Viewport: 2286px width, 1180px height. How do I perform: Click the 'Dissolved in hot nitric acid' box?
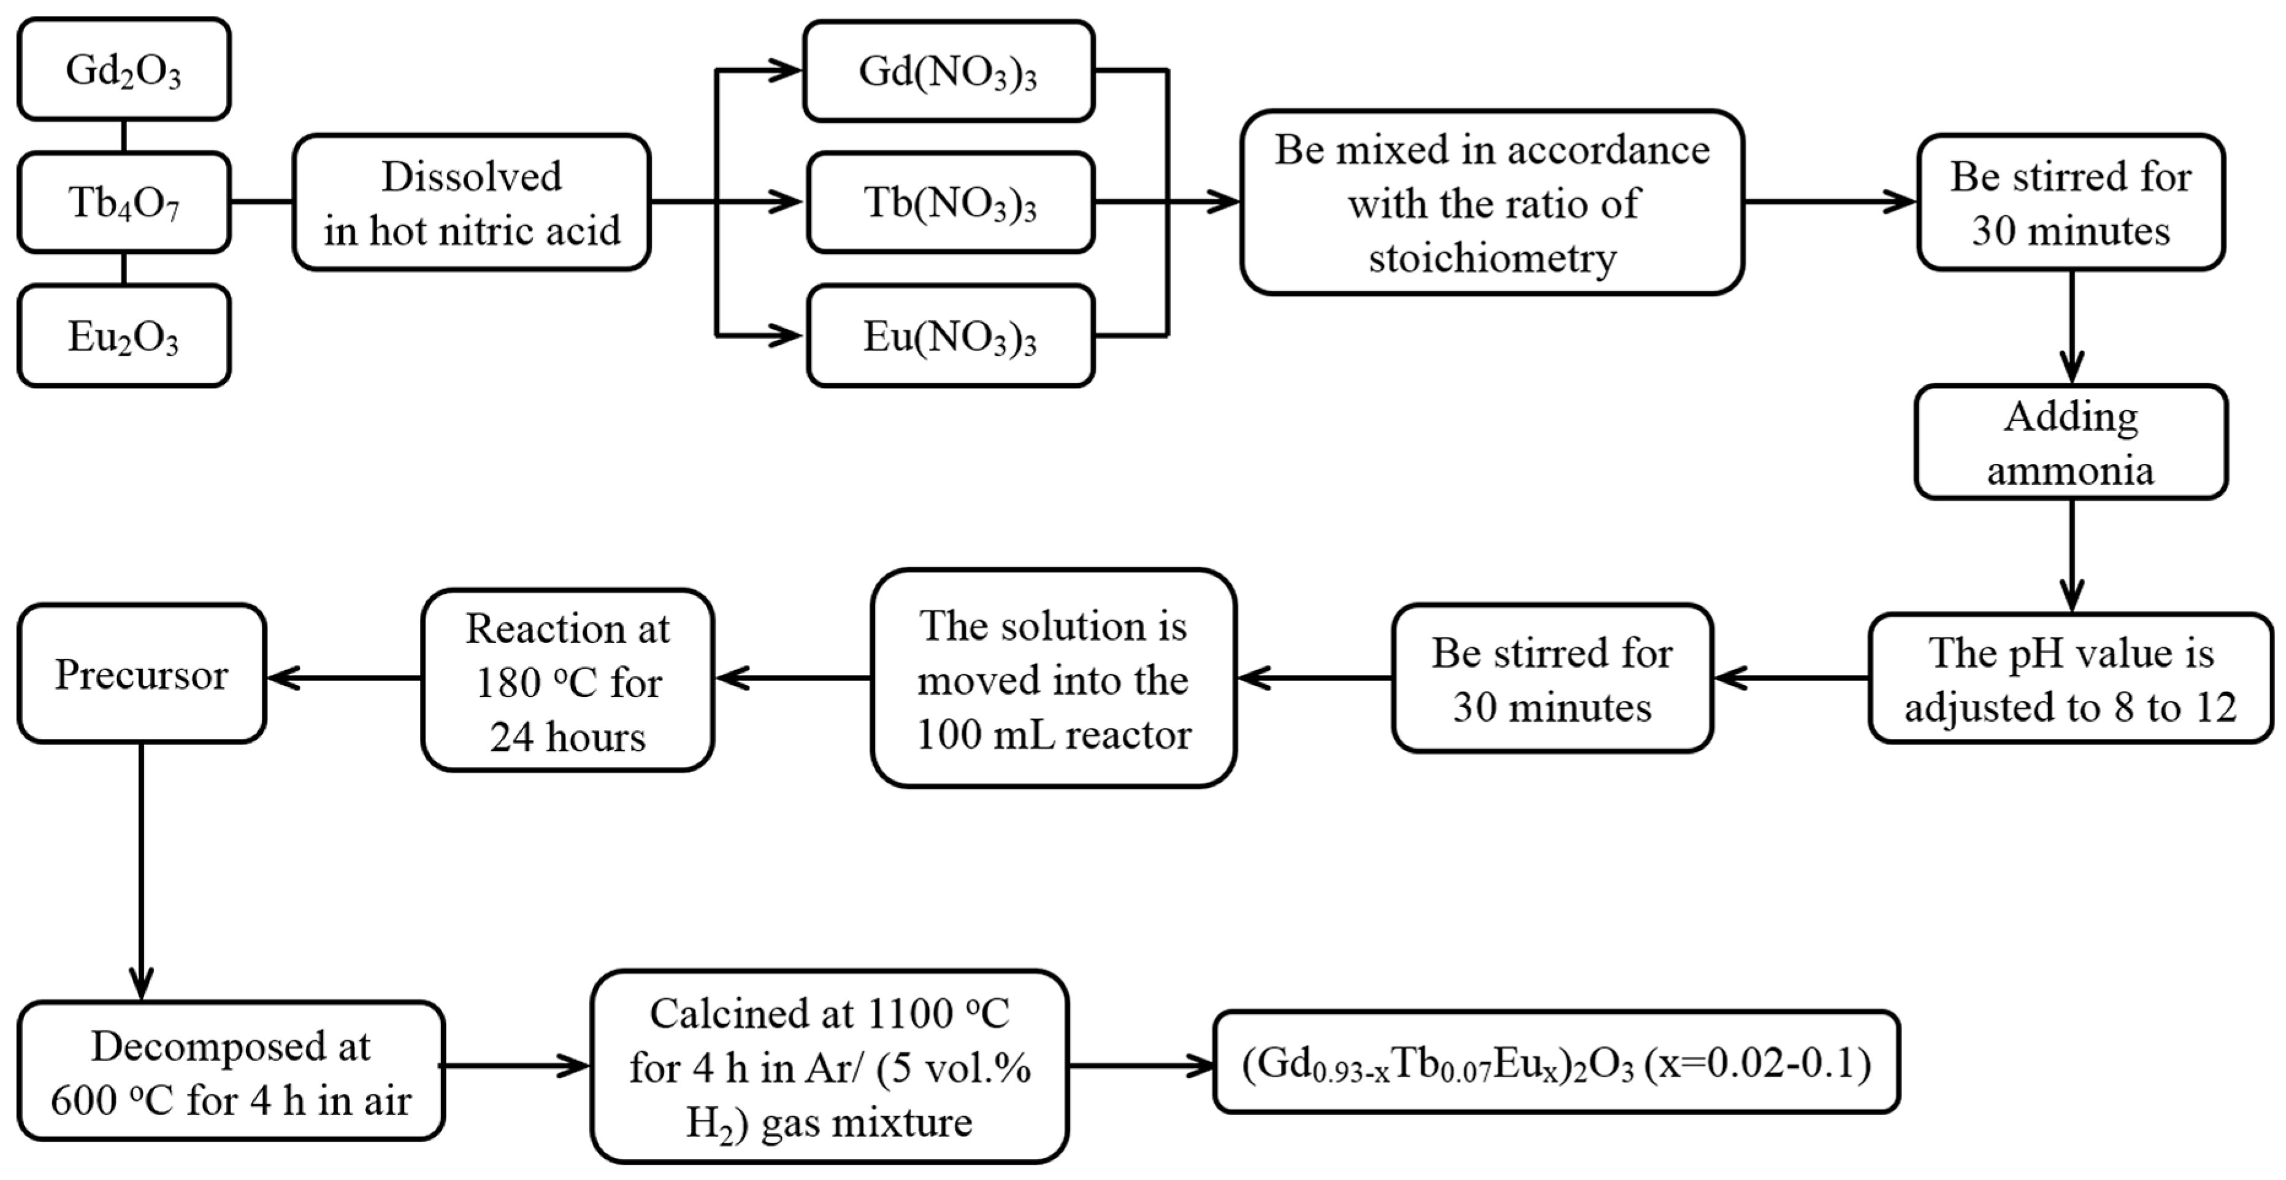click(x=471, y=202)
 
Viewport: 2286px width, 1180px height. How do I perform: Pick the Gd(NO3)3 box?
click(x=948, y=71)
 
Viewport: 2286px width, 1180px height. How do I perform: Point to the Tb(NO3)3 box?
click(x=950, y=202)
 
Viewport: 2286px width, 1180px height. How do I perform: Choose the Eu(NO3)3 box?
click(x=950, y=336)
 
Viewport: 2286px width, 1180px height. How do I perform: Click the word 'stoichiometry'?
click(x=1492, y=258)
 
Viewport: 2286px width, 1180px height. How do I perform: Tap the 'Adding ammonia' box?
click(x=2070, y=442)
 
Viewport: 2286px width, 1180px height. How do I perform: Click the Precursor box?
click(x=141, y=674)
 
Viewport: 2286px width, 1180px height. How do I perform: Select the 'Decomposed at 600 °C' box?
click(x=231, y=1071)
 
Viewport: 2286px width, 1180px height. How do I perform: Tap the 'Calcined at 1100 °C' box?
click(x=829, y=1066)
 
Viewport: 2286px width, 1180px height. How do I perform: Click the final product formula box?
click(x=1556, y=1063)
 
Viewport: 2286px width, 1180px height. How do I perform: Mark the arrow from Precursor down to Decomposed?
click(x=141, y=870)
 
